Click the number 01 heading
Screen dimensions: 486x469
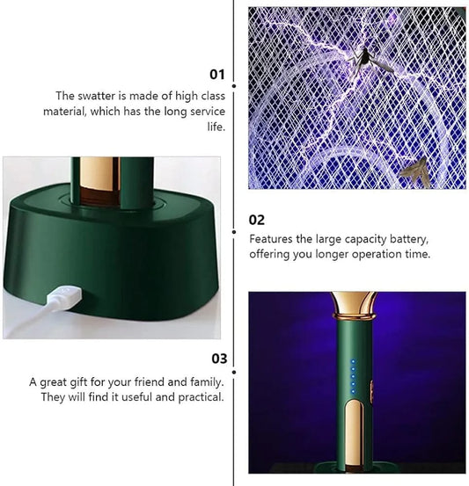coord(217,74)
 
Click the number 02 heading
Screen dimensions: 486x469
coord(257,220)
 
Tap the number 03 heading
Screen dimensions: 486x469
coord(218,359)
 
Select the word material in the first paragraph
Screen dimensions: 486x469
coord(66,112)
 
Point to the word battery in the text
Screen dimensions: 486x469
coord(406,239)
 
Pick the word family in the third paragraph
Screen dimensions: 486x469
coord(204,382)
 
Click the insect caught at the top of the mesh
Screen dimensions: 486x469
coord(361,59)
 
